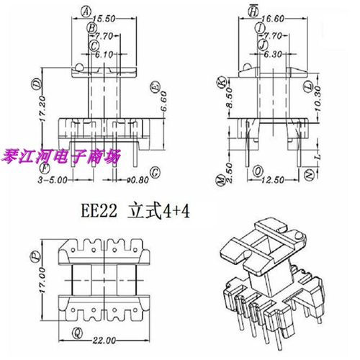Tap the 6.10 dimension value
(104, 54)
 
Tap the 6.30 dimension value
(272, 53)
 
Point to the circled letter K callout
(221, 84)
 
